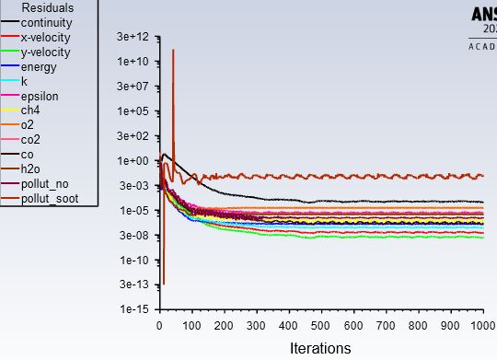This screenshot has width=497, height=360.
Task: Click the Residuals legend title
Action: click(47, 7)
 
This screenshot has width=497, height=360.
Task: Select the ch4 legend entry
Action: click(30, 110)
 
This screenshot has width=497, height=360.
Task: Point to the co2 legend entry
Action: click(30, 140)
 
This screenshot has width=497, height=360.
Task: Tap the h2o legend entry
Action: click(30, 169)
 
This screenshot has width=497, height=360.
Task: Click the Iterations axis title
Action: click(320, 348)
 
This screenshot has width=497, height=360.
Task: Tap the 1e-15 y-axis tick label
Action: click(137, 310)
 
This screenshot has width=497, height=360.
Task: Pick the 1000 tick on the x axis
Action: click(481, 325)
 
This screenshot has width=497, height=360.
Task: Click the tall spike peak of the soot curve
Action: click(173, 50)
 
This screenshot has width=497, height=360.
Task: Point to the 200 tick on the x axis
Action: click(225, 325)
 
